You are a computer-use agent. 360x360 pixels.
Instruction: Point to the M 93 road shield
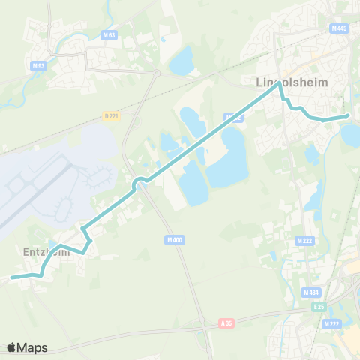(x=37, y=65)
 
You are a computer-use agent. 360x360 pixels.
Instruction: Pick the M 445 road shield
(x=339, y=28)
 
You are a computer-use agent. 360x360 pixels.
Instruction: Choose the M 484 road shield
(x=311, y=292)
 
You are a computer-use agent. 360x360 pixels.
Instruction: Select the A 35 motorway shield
(x=227, y=322)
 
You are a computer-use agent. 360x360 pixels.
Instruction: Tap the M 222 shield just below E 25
(x=331, y=323)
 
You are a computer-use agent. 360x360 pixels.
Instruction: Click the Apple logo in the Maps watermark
(x=11, y=347)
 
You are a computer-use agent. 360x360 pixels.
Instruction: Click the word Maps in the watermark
(x=32, y=347)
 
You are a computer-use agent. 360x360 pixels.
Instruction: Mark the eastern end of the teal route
(x=348, y=116)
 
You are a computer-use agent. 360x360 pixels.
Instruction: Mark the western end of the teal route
(x=12, y=277)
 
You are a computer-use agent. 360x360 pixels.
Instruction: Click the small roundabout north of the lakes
(x=157, y=73)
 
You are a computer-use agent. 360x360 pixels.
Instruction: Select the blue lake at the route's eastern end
(x=350, y=135)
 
